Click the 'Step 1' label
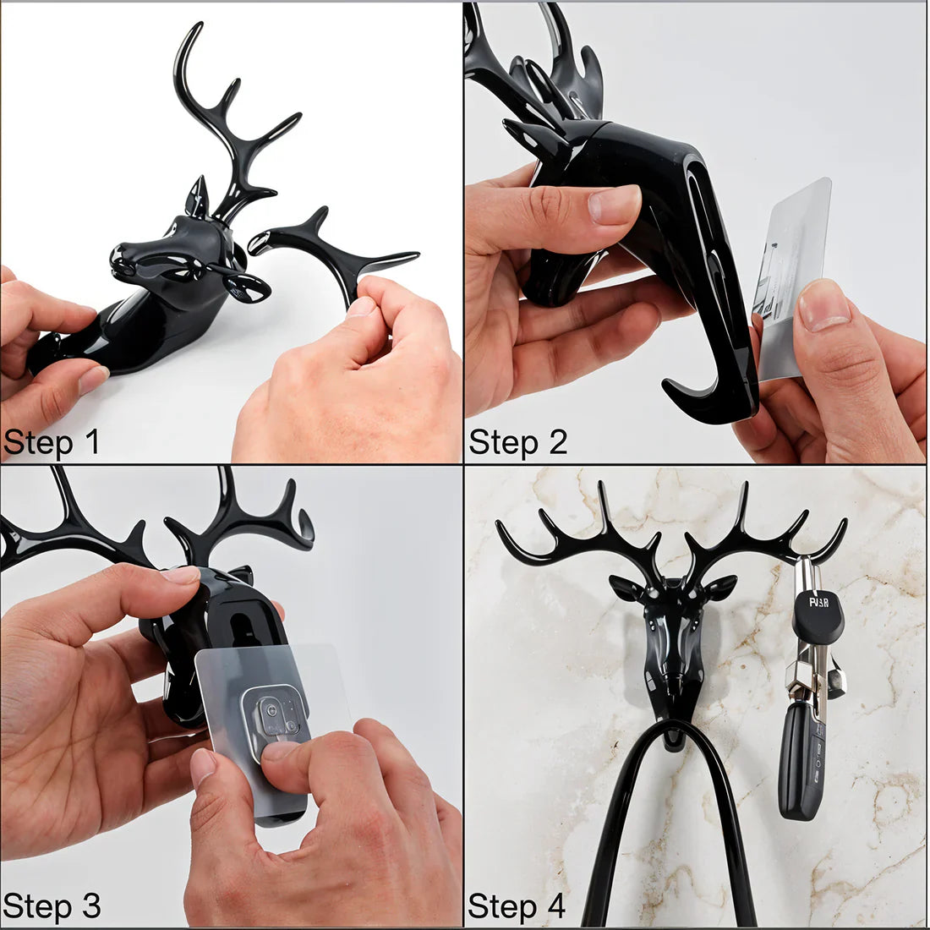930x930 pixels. point(52,441)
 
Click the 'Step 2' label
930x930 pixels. point(517,441)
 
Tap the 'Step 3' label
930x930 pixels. point(52,905)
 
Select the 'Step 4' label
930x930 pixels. point(517,905)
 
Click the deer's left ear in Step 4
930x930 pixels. point(626,588)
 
